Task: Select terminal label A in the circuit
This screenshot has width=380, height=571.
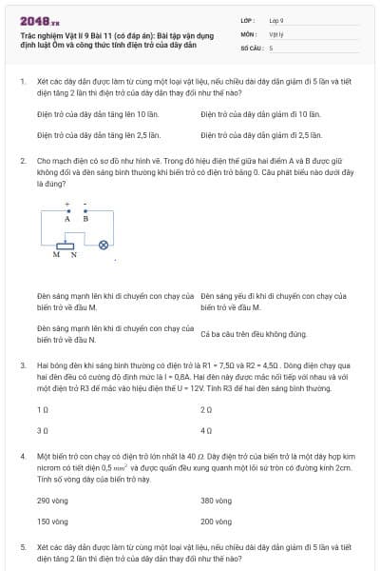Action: (67, 218)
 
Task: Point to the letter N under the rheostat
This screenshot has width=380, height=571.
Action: (72, 255)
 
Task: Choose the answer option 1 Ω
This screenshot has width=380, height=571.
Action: (43, 409)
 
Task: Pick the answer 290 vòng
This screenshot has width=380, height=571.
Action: (53, 500)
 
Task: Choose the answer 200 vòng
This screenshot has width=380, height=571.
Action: (217, 522)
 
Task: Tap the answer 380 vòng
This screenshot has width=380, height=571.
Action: (217, 500)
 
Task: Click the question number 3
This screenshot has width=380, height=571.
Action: (23, 364)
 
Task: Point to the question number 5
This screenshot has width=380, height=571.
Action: (23, 547)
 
